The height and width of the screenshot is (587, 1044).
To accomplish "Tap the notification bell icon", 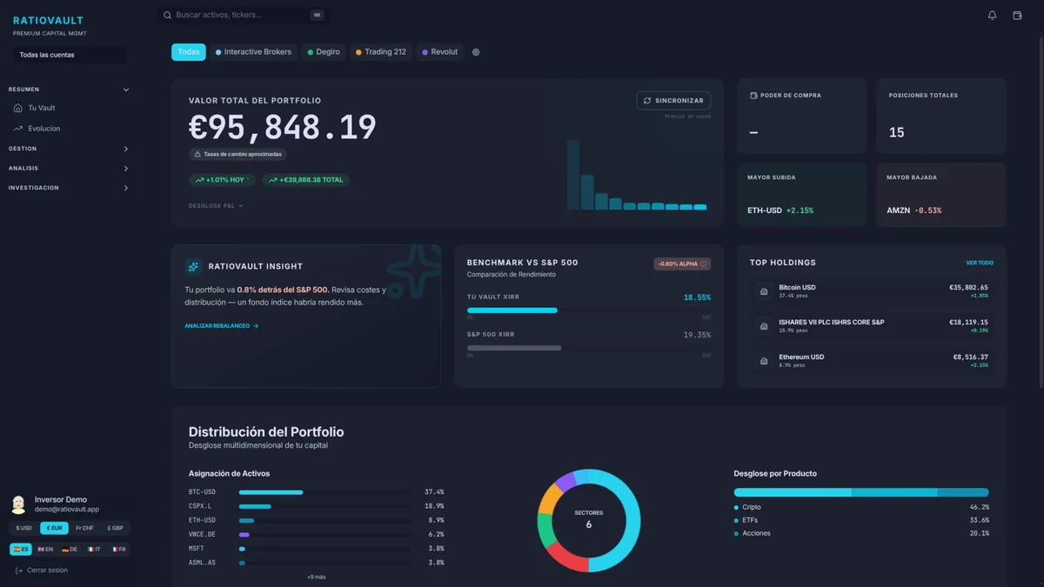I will [992, 15].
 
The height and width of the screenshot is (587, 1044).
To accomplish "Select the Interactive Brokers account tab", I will [253, 52].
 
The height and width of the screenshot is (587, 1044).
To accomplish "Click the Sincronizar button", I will [673, 101].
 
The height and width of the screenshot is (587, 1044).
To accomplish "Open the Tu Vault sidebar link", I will [42, 108].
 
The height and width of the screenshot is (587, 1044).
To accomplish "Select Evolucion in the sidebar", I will [44, 129].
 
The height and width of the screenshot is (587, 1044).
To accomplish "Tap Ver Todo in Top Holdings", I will [979, 263].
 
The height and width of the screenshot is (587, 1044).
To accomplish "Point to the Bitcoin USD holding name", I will [797, 287].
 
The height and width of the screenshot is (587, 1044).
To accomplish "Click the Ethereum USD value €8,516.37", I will [970, 357].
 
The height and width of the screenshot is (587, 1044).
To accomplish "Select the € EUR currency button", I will [54, 528].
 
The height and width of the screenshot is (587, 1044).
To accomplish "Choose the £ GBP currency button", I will [115, 528].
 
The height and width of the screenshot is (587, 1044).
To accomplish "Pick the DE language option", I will [70, 550].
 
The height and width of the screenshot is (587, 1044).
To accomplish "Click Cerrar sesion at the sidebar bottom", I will [47, 570].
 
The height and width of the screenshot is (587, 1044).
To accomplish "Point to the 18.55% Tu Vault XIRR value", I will [697, 297].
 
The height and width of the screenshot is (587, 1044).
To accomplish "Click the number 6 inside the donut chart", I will [589, 525].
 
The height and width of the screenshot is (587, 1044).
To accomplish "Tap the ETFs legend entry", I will [750, 520].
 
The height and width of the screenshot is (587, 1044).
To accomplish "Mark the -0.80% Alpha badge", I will [682, 263].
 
